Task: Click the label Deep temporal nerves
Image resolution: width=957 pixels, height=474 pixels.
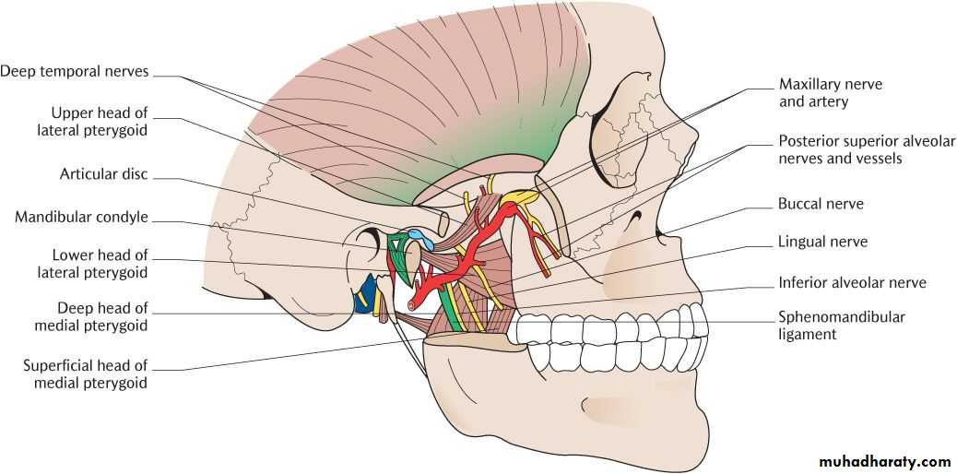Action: [74, 71]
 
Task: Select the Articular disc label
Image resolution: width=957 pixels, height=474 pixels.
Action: [104, 174]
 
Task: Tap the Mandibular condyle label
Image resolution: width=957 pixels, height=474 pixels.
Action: [82, 217]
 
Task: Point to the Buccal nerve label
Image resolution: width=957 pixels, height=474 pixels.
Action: [821, 204]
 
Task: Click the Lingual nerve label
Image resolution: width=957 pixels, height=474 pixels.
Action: [822, 242]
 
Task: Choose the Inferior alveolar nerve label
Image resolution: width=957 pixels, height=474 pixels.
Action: [852, 282]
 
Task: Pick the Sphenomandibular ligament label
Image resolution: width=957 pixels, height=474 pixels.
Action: [842, 326]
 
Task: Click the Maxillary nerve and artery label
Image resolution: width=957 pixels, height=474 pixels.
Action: [831, 92]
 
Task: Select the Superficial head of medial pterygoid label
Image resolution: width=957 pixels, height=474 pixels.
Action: [86, 374]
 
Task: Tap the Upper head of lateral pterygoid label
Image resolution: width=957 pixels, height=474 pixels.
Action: [100, 122]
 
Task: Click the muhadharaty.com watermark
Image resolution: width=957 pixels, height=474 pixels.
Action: [884, 462]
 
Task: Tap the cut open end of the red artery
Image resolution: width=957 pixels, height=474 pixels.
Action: [413, 302]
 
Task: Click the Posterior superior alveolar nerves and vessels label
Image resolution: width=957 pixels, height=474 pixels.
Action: [866, 149]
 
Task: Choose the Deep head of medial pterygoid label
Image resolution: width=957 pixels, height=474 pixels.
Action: [91, 316]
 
